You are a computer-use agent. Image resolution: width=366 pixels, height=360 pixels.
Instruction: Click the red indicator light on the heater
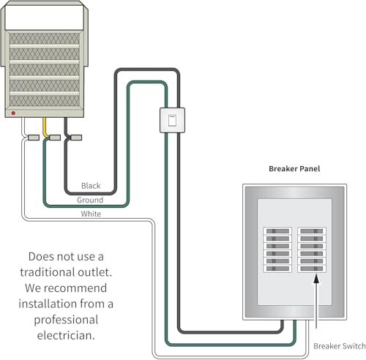tap(13, 113)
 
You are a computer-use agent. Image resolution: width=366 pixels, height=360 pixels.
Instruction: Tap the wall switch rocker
tap(172, 120)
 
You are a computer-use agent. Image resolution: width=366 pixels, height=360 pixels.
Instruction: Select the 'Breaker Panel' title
tap(294, 169)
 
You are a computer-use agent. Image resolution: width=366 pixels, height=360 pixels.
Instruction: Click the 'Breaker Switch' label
tap(340, 346)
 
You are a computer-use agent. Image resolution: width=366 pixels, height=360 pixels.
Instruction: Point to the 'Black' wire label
tap(91, 186)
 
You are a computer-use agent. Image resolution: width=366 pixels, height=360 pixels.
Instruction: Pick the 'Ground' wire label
tap(90, 200)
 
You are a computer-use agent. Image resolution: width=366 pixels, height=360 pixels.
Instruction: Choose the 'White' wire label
tap(91, 214)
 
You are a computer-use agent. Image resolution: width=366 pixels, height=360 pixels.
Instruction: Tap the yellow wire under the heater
tap(45, 127)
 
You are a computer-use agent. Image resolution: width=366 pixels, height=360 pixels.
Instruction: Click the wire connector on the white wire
tap(34, 138)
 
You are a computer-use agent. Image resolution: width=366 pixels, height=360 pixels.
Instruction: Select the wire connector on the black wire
tap(76, 138)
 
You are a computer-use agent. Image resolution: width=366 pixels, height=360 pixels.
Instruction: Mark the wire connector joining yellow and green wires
tap(55, 138)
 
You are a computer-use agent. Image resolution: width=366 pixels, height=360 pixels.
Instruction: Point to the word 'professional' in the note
tap(66, 320)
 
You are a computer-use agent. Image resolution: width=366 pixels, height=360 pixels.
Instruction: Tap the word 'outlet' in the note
tap(94, 272)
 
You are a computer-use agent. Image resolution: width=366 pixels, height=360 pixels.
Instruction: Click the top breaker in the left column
tap(277, 231)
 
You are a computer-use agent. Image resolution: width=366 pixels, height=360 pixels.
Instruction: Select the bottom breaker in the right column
tap(312, 269)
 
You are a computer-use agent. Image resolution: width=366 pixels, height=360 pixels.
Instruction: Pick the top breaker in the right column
tap(312, 231)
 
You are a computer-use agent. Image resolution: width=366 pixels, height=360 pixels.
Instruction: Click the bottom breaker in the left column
tap(277, 269)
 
